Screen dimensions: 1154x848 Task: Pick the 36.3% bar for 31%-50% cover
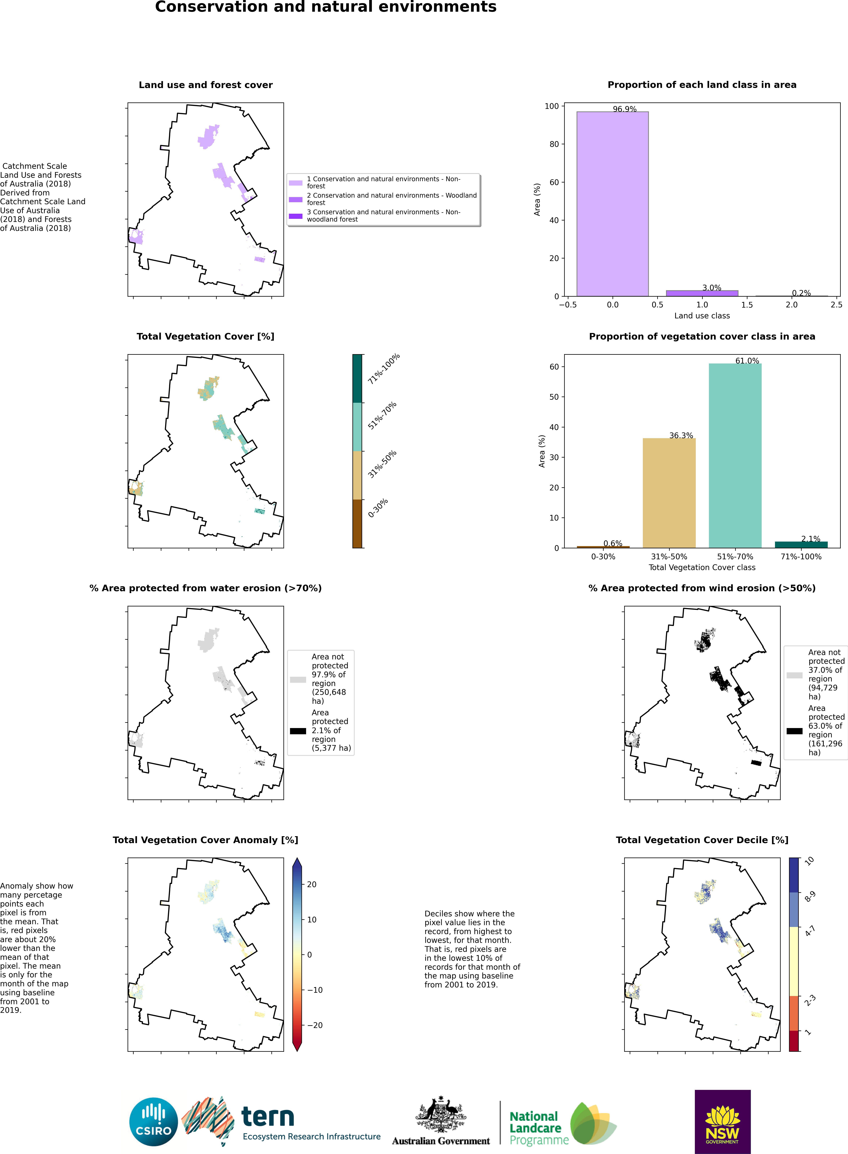pos(669,493)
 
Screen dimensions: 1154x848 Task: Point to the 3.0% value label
pos(711,288)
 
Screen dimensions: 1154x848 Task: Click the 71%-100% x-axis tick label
pos(801,557)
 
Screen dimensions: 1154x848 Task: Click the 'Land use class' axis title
pos(702,316)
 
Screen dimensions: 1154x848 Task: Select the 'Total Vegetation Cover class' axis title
pos(702,568)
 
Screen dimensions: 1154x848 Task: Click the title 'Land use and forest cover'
pos(205,85)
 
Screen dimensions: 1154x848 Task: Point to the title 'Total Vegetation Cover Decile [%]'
pos(702,840)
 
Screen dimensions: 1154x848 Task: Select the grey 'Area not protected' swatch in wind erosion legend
pos(794,675)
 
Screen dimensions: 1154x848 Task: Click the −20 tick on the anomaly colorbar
pos(315,1025)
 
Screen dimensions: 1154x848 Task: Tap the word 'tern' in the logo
pos(267,1117)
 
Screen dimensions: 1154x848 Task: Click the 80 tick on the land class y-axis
pos(554,144)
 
